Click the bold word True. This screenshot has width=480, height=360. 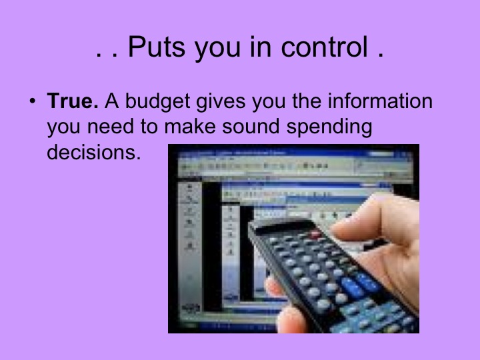click(x=73, y=103)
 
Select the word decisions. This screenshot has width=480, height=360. click(x=94, y=153)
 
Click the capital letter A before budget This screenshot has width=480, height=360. click(x=111, y=103)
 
